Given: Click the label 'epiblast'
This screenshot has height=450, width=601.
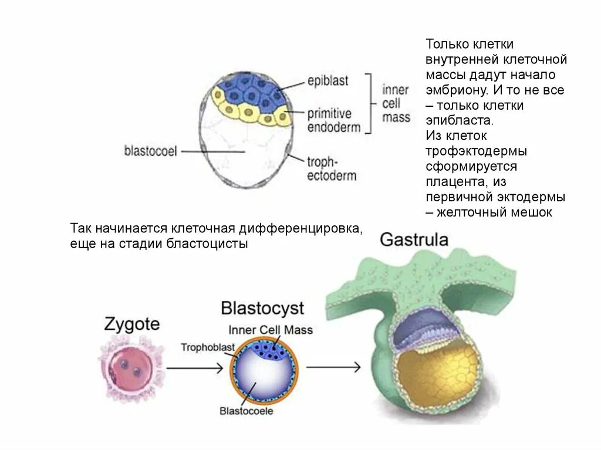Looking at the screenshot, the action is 327,81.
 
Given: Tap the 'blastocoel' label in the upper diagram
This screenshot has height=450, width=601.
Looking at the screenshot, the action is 150,151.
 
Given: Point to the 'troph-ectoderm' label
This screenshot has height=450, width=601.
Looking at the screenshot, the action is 332,168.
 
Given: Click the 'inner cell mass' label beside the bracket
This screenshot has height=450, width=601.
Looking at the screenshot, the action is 396,103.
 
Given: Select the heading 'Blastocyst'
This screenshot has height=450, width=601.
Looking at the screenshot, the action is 262,308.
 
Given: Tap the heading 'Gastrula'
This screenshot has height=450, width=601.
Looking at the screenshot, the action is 414,239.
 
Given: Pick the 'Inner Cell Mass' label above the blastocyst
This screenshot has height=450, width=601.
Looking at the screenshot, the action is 271,330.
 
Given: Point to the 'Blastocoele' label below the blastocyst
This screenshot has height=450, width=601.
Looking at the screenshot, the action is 247,411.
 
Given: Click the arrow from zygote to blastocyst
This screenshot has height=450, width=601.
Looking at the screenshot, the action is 194,368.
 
